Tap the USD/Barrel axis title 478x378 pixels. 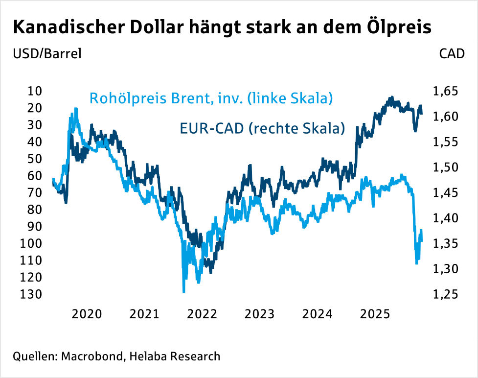point(47,54)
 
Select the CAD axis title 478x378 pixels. point(452,54)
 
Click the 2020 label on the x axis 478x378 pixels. point(87,314)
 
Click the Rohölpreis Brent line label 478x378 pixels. point(211,98)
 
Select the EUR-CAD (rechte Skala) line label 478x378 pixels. point(261,129)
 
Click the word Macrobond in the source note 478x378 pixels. point(91,356)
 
